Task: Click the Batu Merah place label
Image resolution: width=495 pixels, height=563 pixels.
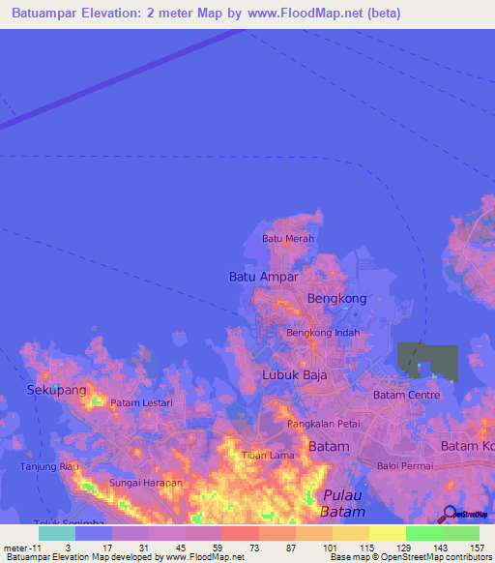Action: (x=287, y=238)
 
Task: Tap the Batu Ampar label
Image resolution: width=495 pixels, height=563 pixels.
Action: (x=263, y=277)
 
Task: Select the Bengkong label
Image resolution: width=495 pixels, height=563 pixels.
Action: (x=336, y=299)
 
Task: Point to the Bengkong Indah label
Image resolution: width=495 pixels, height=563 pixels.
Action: (x=323, y=333)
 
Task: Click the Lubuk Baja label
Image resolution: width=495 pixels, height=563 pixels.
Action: (x=295, y=374)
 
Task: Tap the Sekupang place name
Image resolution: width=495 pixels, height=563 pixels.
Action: (x=56, y=389)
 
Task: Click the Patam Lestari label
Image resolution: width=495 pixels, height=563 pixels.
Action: (x=141, y=402)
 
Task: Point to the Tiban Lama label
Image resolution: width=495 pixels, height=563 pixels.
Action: (x=268, y=455)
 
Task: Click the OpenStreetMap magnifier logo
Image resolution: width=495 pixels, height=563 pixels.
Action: (x=448, y=514)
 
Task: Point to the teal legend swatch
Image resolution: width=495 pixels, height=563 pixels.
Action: (x=57, y=532)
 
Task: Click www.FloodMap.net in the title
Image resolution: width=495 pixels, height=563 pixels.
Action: (x=301, y=14)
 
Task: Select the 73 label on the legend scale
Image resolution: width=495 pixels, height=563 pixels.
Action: (x=228, y=548)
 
